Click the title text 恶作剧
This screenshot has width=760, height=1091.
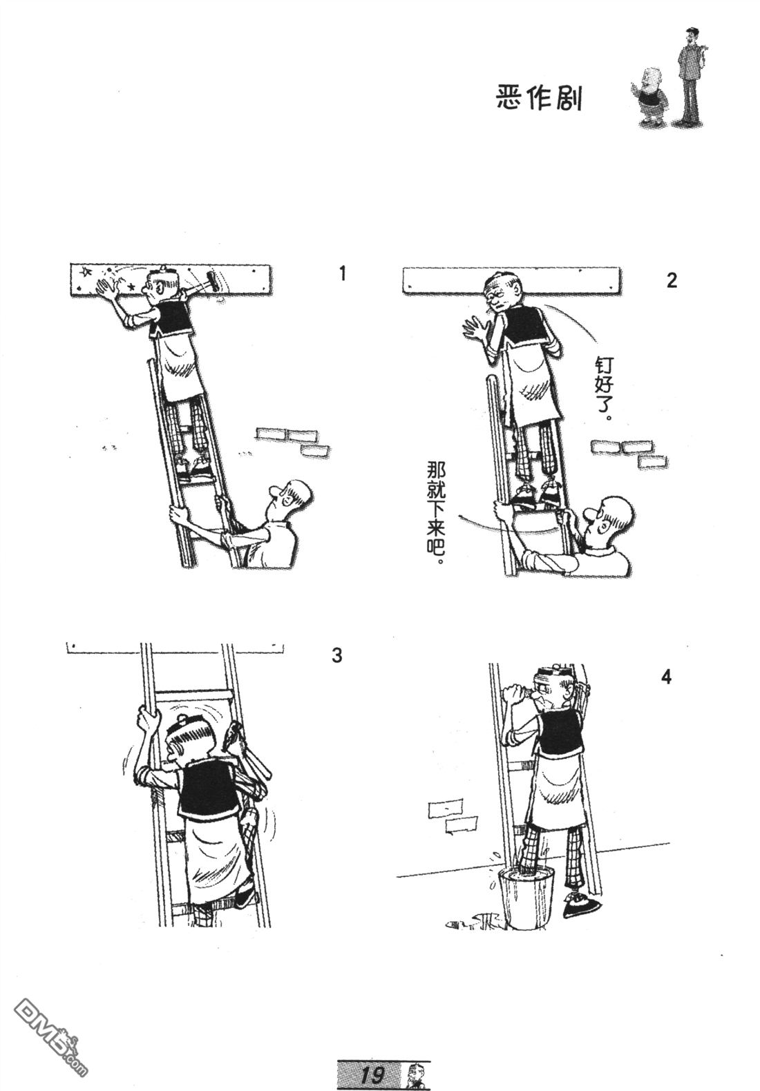coord(539,98)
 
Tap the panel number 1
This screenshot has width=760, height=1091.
coord(342,273)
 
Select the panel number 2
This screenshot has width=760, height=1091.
coord(672,280)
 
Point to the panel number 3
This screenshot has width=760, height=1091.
coord(337,655)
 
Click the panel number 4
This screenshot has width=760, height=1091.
coord(666,677)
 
